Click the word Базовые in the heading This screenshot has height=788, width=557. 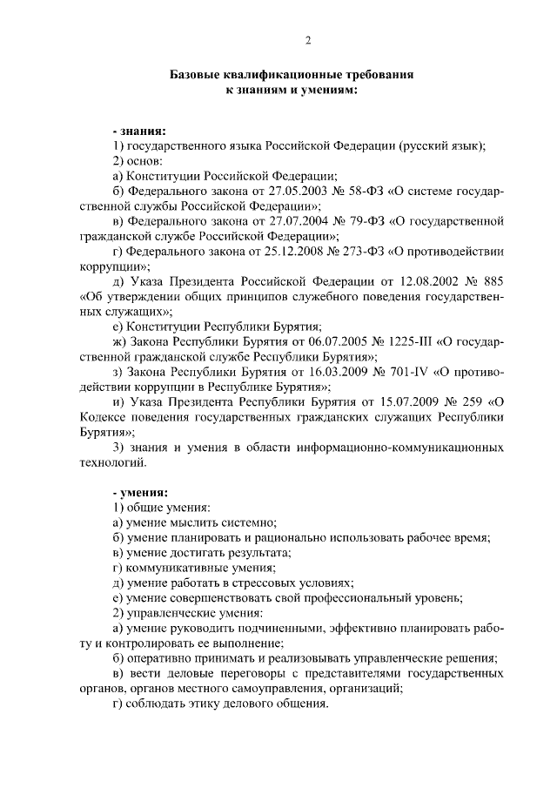click(x=197, y=76)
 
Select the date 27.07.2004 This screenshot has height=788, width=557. click(x=292, y=221)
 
